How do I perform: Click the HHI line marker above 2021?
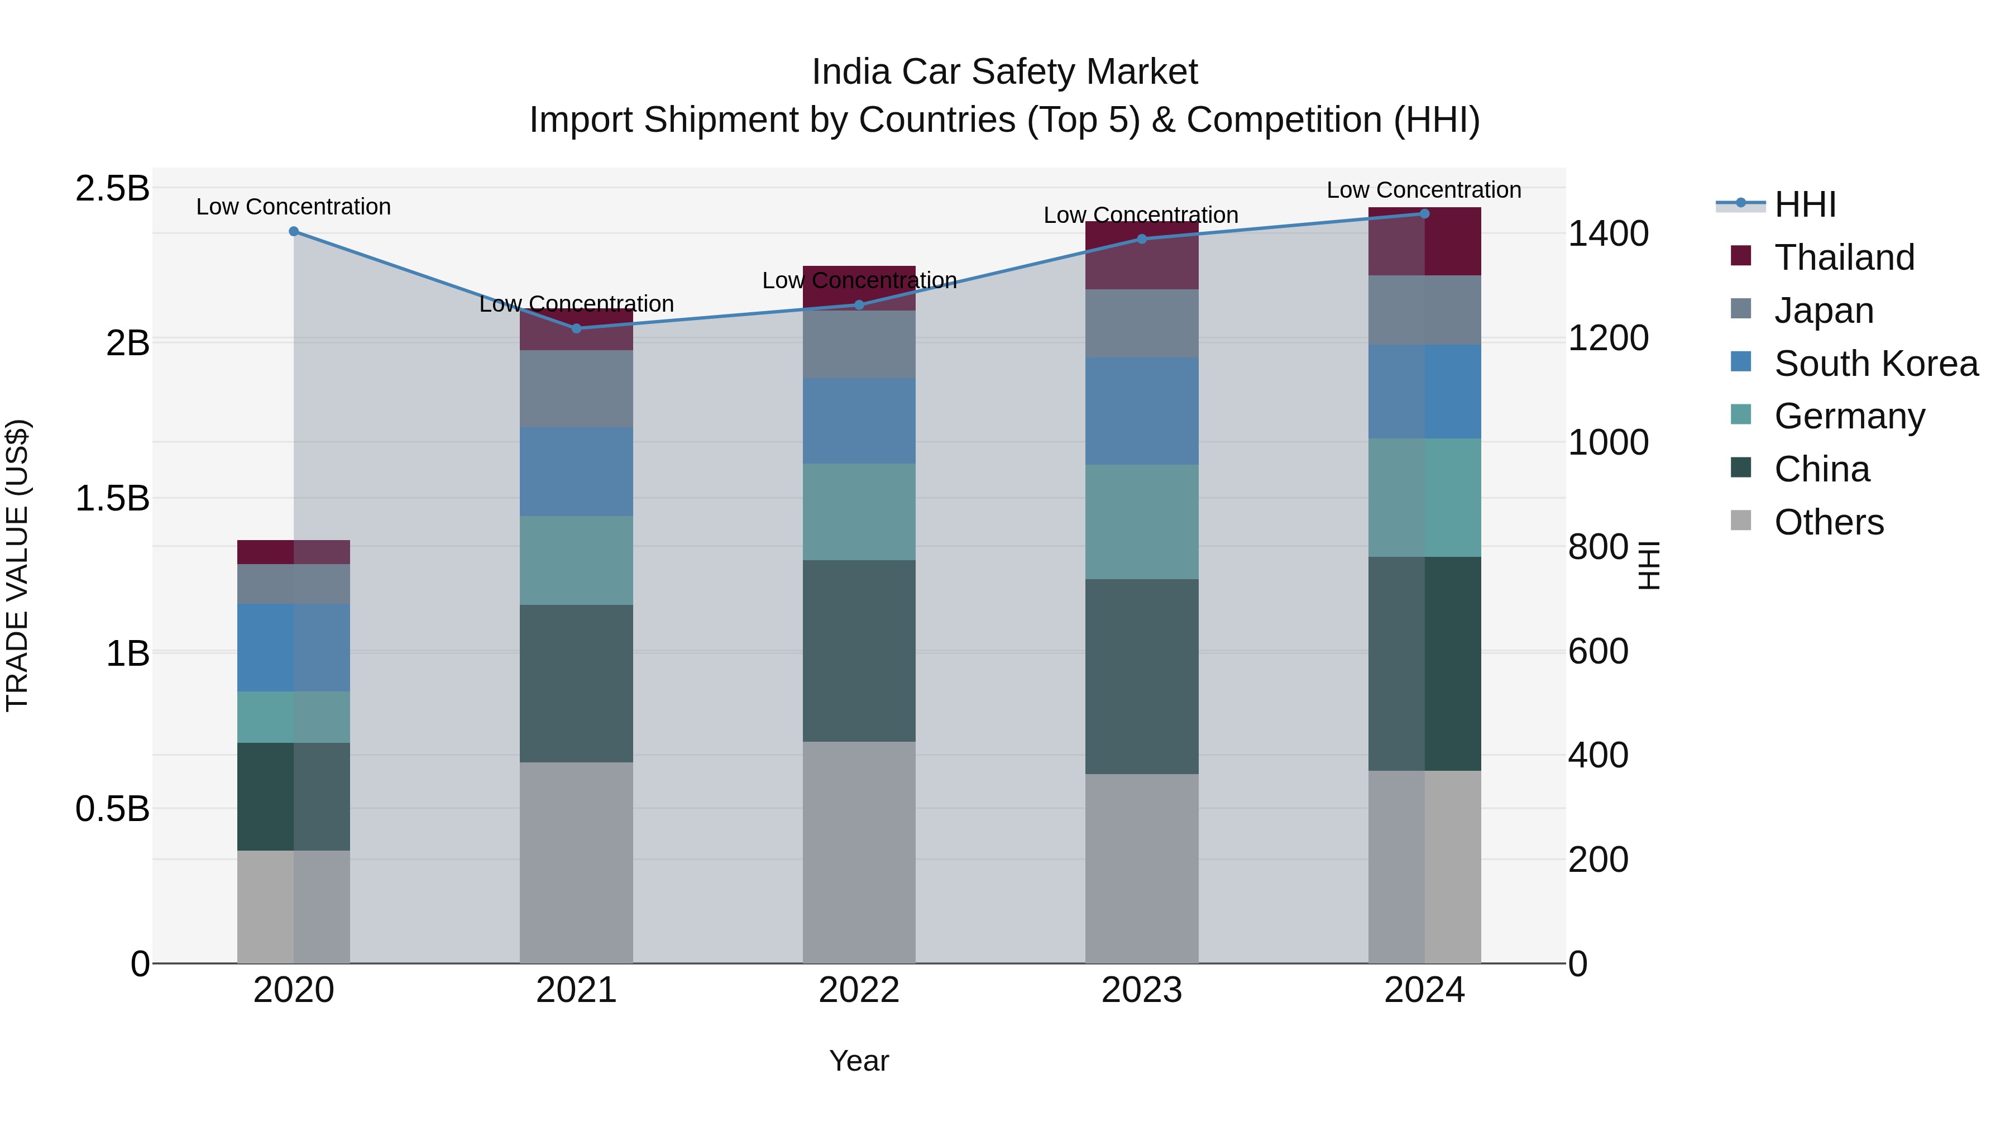tap(577, 328)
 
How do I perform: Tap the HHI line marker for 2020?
tap(293, 231)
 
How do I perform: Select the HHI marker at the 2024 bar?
tap(1424, 213)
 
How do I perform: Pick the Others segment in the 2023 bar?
tap(1142, 868)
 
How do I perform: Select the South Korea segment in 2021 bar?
tap(577, 471)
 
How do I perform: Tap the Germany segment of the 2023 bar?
tap(1142, 522)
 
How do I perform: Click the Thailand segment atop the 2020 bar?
tap(293, 551)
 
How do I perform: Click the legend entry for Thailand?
tap(1845, 257)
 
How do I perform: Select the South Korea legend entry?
tap(1876, 364)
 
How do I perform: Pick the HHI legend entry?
tap(1805, 204)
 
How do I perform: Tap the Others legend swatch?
tap(1741, 521)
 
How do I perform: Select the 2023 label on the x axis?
tap(1142, 990)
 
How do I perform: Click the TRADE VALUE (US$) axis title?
tap(17, 565)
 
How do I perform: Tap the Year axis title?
tap(859, 1061)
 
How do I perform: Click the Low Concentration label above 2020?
tap(293, 207)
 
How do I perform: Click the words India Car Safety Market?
tap(1004, 72)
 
